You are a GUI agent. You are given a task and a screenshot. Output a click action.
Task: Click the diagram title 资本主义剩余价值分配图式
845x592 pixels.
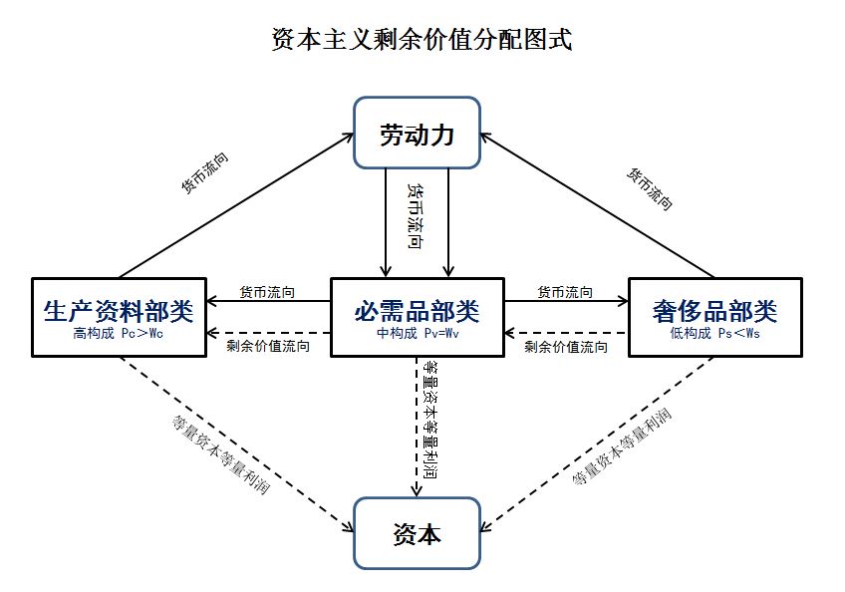pos(422,41)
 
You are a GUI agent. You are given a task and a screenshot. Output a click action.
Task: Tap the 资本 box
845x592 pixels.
pos(418,534)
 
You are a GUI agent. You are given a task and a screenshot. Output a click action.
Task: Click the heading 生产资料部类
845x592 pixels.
pos(119,310)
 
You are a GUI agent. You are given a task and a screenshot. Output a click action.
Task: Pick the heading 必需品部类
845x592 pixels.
pos(417,310)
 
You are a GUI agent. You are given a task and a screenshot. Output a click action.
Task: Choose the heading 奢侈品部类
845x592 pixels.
pos(714,310)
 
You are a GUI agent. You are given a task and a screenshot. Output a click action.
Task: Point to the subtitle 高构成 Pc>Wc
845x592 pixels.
pos(118,334)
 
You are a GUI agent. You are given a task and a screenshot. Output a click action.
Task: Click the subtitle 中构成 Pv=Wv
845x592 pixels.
pos(417,334)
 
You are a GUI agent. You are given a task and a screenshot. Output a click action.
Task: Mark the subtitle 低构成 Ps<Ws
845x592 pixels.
pos(714,334)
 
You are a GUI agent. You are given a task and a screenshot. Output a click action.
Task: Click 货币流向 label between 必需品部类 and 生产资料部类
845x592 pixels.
pos(267,292)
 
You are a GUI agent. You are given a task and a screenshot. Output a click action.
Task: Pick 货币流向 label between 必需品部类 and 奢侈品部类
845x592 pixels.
pos(565,292)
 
